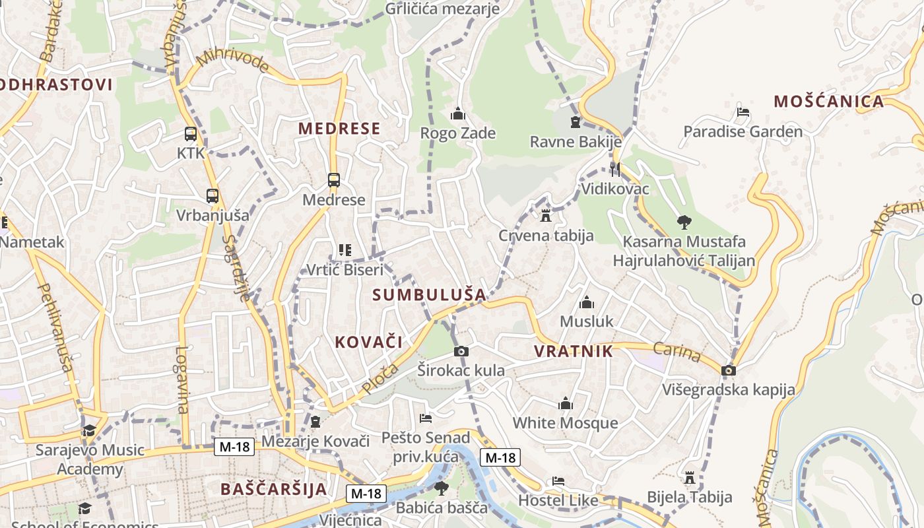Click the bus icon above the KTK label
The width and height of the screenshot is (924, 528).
191,134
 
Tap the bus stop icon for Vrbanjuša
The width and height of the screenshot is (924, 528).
212,196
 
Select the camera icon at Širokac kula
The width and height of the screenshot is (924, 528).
461,351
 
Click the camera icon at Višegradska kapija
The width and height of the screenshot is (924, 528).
729,370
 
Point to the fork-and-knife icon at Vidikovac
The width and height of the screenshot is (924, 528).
615,169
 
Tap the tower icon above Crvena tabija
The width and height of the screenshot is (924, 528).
546,215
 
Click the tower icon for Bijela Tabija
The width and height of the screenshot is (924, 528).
690,477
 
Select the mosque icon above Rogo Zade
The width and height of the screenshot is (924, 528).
458,114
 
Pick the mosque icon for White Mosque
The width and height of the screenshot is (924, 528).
566,403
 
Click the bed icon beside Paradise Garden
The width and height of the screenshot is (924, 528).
743,112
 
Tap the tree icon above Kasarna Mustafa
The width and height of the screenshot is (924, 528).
684,222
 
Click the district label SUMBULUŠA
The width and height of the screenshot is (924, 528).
429,295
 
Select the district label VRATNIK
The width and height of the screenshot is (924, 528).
574,351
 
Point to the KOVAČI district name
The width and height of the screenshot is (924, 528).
368,342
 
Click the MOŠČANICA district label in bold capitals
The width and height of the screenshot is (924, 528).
828,102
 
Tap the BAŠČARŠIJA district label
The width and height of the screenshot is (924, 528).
274,489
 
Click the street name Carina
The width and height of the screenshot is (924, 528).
677,352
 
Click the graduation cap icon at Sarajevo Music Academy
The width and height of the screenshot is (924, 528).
89,431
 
